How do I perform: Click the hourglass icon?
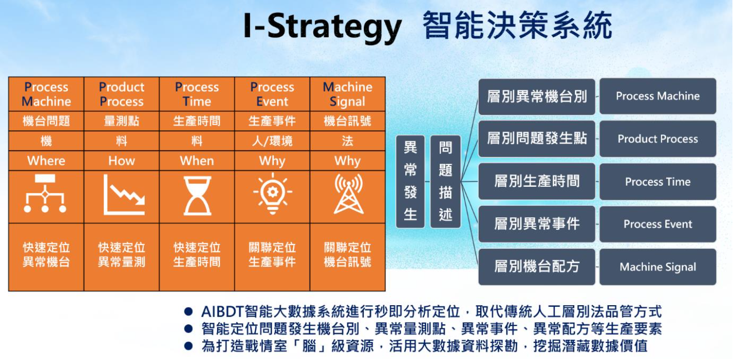(197, 196)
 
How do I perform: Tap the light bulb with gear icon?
(272, 193)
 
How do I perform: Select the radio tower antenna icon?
(348, 194)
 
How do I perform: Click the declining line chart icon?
(124, 195)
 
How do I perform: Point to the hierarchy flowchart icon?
(45, 193)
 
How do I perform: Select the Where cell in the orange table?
(46, 161)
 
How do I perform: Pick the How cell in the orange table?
(121, 161)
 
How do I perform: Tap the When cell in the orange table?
(197, 161)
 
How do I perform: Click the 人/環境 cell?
(272, 141)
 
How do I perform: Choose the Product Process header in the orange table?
(121, 94)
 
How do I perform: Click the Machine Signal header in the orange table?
(348, 94)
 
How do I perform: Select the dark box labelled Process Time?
(657, 182)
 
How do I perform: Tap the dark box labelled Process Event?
(657, 224)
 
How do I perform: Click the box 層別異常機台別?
(537, 96)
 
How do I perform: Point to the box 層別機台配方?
(537, 267)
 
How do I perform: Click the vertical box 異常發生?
(410, 182)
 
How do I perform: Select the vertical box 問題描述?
(446, 182)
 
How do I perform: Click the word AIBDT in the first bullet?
(222, 311)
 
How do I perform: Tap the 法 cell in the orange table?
(348, 141)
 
